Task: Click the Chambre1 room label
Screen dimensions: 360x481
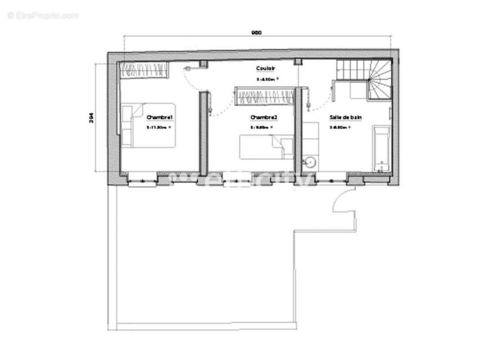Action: click(x=160, y=117)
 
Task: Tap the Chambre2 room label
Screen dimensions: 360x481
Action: click(x=264, y=117)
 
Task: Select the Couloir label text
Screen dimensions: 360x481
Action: click(x=265, y=68)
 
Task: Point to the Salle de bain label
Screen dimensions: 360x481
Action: click(x=345, y=117)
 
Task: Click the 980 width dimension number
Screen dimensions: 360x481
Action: click(x=256, y=32)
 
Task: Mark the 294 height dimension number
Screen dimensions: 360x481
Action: click(x=91, y=118)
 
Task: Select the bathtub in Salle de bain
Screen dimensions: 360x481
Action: click(x=381, y=149)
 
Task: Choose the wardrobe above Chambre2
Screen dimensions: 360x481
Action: click(x=265, y=97)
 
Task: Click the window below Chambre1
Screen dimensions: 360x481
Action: click(x=143, y=181)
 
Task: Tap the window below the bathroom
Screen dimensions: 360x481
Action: click(x=332, y=180)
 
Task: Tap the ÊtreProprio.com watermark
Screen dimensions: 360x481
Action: click(x=43, y=16)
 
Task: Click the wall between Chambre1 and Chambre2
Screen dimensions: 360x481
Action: click(x=203, y=133)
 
